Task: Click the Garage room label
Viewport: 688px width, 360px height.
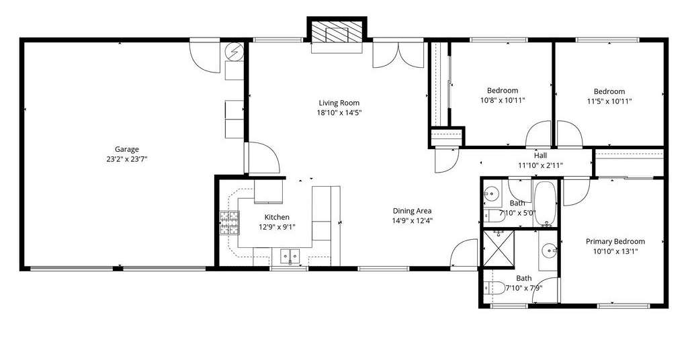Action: [127, 149]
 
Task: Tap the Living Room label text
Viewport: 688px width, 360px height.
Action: [339, 103]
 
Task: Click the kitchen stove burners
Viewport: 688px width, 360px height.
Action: [230, 222]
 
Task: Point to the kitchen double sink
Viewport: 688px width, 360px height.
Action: [290, 255]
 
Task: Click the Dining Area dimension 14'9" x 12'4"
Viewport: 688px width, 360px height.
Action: [413, 221]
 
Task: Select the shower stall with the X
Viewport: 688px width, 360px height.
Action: [499, 249]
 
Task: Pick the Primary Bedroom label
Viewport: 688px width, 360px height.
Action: [615, 242]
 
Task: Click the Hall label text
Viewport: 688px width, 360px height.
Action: [541, 155]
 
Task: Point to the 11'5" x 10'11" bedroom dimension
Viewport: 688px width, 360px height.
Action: [609, 101]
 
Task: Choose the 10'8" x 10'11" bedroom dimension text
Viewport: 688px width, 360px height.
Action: [503, 100]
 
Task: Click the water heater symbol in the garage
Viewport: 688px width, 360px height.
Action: [233, 52]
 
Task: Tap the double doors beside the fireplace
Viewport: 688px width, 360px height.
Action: [398, 55]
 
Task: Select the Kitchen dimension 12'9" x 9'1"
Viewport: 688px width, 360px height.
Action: [277, 227]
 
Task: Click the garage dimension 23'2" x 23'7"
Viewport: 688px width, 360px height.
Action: [127, 159]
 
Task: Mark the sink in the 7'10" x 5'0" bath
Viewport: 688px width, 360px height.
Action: [492, 193]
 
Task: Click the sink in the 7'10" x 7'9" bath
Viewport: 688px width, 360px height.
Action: [549, 251]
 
